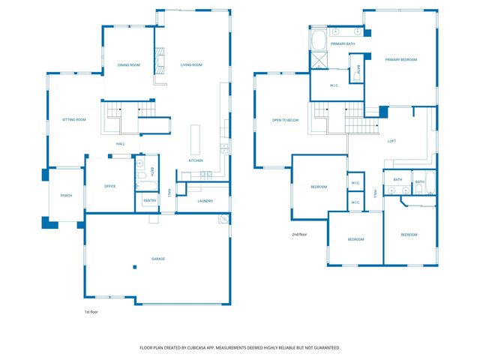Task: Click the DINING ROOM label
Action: (129, 65)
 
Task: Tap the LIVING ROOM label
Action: (191, 65)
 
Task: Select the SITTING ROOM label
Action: (73, 120)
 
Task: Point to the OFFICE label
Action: (109, 186)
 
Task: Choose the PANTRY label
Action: (149, 200)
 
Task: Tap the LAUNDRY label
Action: (205, 201)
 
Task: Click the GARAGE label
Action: (158, 259)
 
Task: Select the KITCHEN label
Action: (196, 160)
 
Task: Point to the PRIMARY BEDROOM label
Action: (401, 59)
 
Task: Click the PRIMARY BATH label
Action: (340, 44)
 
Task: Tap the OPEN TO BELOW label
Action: (286, 120)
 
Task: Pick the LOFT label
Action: (391, 141)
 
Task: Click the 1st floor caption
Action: (91, 311)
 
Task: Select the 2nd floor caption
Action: (299, 235)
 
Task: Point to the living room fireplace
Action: (159, 63)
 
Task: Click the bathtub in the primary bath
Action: (319, 38)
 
